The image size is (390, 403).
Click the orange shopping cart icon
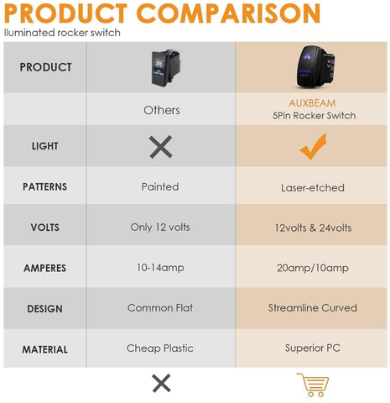[x=314, y=385]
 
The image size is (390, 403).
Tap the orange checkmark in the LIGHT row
[x=313, y=147]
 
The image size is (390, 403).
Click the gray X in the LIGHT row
[x=161, y=147]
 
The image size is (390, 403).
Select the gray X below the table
[x=161, y=383]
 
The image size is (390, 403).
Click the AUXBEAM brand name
[x=312, y=103]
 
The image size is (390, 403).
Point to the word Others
[x=162, y=110]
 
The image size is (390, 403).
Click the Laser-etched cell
[x=313, y=188]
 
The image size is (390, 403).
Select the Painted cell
[x=160, y=186]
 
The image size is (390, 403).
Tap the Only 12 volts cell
[x=160, y=228]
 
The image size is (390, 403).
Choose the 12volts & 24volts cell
[x=313, y=228]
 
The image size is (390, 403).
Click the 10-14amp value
[x=160, y=268]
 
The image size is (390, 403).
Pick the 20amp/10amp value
[x=313, y=268]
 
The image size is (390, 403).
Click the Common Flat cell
[x=160, y=308]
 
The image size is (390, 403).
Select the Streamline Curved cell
[x=313, y=308]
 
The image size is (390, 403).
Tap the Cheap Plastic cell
[x=160, y=348]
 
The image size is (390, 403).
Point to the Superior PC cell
[x=313, y=348]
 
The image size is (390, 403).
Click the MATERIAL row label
[x=45, y=349]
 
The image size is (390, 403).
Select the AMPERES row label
[x=45, y=268]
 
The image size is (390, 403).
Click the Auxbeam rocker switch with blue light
[x=315, y=67]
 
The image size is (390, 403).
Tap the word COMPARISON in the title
[x=229, y=13]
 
